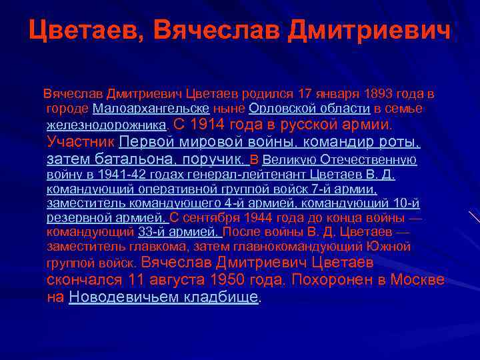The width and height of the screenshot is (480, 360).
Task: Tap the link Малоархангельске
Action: [x=151, y=108]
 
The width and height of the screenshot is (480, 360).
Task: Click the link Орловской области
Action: [x=309, y=108]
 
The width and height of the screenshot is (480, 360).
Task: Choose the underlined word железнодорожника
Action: [x=107, y=125]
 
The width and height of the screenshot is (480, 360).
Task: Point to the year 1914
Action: [x=208, y=125]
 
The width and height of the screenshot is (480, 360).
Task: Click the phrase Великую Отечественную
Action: [x=339, y=160]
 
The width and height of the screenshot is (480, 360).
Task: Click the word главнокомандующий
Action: [x=317, y=246]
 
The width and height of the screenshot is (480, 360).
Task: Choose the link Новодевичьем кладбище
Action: [x=163, y=298]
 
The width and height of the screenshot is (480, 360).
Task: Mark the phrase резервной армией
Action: [x=106, y=217]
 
